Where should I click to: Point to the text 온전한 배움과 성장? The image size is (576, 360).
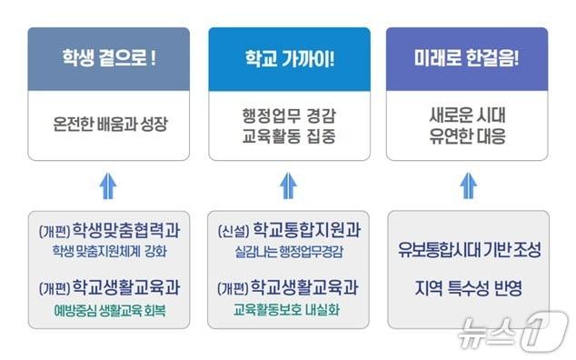pos(108,122)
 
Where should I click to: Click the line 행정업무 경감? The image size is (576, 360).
pos(288,114)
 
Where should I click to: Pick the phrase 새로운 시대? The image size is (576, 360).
pos(468,114)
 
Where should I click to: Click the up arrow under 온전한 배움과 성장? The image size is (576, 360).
pos(108,185)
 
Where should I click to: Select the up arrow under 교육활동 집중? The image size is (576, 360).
pos(288,185)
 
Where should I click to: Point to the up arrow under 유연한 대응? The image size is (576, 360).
pos(468,185)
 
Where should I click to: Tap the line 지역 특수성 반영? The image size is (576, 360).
pos(468,289)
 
